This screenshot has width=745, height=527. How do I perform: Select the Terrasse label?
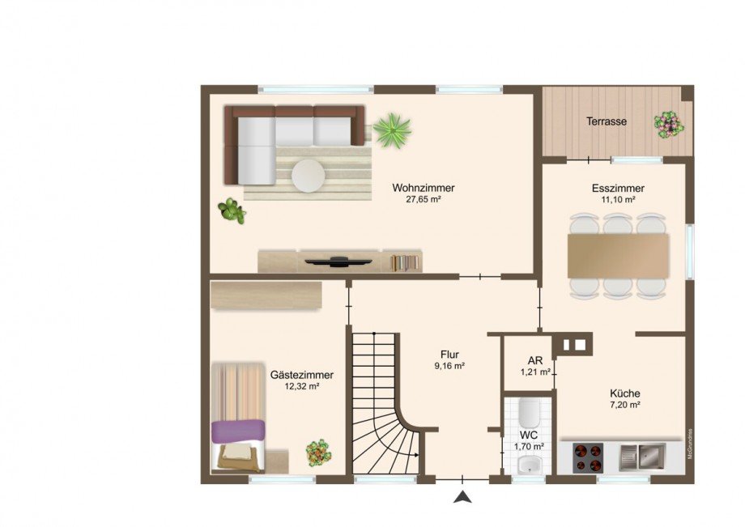pyautogui.click(x=607, y=121)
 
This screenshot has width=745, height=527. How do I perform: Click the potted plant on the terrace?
pyautogui.click(x=668, y=124)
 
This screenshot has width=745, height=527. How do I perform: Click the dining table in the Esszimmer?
pyautogui.click(x=619, y=256)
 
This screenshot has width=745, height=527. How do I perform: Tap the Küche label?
pyautogui.click(x=624, y=393)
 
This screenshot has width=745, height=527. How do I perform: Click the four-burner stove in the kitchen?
pyautogui.click(x=590, y=457)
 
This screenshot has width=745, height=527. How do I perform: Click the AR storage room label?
pyautogui.click(x=535, y=362)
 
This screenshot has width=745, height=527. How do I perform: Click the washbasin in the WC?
pyautogui.click(x=528, y=465)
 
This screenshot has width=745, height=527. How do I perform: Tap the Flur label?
pyautogui.click(x=449, y=354)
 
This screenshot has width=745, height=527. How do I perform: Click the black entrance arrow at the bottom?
pyautogui.click(x=462, y=497)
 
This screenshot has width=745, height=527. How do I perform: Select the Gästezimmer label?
pyautogui.click(x=301, y=376)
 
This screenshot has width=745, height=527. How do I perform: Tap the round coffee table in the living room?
pyautogui.click(x=308, y=175)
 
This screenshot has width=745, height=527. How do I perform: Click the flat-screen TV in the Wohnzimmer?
pyautogui.click(x=339, y=261)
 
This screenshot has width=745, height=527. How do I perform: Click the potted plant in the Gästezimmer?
pyautogui.click(x=317, y=453)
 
